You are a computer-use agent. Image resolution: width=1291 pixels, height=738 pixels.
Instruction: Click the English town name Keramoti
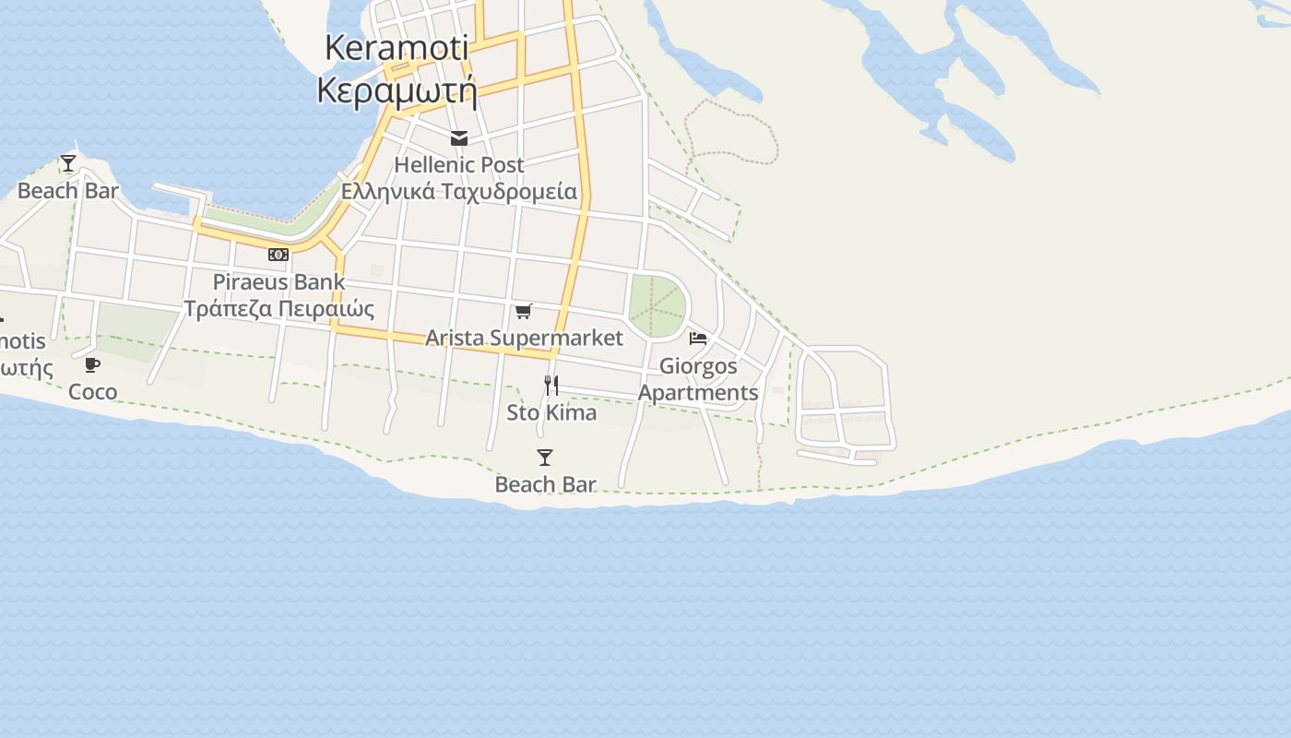397,48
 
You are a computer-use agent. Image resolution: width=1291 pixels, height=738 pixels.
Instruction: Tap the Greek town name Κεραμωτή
397,90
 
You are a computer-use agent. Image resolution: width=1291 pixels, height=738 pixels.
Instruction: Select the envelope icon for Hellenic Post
459,139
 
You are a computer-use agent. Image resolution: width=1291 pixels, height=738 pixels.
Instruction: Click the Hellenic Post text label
459,165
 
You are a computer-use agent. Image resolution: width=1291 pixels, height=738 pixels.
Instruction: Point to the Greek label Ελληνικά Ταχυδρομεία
459,192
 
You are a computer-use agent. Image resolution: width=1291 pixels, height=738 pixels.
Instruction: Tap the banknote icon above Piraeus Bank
278,255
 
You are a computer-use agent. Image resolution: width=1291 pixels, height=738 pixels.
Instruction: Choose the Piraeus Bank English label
278,282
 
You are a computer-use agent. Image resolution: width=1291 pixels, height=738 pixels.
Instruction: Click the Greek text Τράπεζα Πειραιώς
278,308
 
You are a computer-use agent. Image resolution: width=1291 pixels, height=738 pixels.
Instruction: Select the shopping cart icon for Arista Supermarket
524,311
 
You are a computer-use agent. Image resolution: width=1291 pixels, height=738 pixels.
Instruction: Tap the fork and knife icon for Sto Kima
551,385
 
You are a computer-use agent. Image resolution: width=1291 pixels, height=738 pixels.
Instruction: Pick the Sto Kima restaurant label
551,412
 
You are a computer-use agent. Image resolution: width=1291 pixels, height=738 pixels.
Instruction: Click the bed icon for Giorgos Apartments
698,339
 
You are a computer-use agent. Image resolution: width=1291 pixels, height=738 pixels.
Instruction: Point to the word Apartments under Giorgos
698,393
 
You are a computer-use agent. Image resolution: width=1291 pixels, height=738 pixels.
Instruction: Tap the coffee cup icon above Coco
92,365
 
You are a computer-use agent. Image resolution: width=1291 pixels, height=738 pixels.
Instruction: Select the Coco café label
92,392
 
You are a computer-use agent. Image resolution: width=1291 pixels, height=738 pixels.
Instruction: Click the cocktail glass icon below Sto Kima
545,458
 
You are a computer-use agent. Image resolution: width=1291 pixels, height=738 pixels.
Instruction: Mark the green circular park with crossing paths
657,305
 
